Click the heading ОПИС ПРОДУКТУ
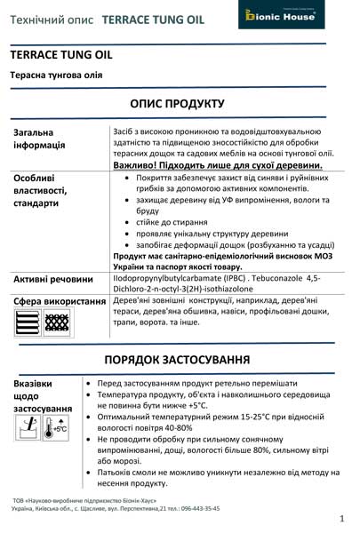[177, 103]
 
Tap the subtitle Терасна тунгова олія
[55, 75]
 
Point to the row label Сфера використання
[60, 302]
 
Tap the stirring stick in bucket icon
[28, 428]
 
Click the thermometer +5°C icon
[56, 428]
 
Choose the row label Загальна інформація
[40, 139]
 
